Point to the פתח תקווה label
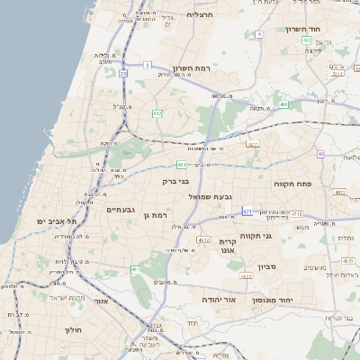292,184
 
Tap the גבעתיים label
121,209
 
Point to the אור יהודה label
219,298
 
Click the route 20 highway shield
123,74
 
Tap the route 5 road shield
147,65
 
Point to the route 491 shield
284,105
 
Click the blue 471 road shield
247,211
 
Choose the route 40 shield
346,154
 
